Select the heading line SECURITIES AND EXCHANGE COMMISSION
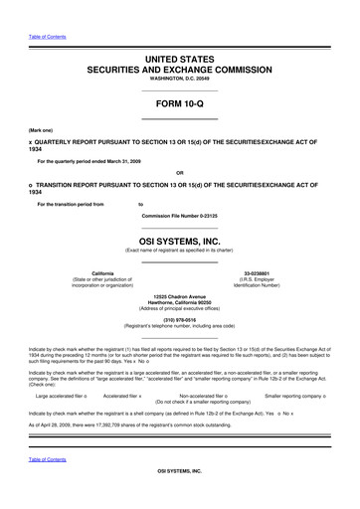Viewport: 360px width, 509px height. coord(179,73)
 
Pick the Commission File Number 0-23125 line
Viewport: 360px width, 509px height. coord(179,216)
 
